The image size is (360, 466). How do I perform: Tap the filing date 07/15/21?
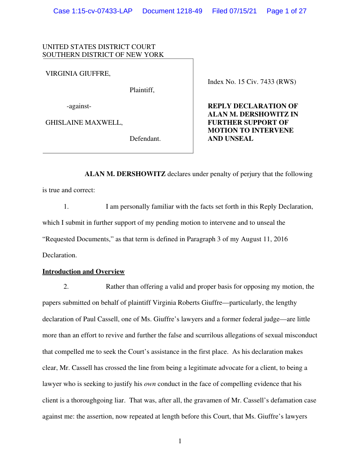244,11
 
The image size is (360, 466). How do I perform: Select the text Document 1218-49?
172,11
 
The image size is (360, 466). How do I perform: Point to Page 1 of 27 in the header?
286,11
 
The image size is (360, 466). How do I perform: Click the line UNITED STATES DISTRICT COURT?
99,47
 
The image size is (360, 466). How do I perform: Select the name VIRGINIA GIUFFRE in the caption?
78,73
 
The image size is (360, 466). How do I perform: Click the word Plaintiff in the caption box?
142,90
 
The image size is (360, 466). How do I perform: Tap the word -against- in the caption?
79,106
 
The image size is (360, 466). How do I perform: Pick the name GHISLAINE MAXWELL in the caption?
84,122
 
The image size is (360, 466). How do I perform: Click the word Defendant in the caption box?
145,139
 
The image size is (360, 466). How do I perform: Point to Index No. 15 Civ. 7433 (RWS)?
252,82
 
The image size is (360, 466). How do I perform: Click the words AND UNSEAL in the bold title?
230,139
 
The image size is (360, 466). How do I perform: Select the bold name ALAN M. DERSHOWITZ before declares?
125,174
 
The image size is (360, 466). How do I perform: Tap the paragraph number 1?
66,206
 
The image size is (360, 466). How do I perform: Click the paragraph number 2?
66,286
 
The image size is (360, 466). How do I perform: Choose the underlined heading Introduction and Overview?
84,271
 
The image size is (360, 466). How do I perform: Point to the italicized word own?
150,384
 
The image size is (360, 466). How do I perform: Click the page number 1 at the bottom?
180,441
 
